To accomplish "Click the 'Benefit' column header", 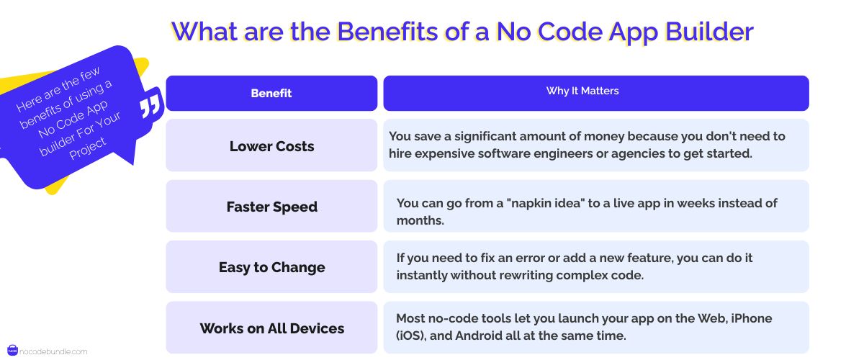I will coord(271,93).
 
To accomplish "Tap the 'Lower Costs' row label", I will coord(271,146).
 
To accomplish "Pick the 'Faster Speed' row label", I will coord(271,207).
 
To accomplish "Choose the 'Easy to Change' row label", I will coord(271,267).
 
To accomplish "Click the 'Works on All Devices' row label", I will coord(271,328).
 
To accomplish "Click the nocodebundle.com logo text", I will coord(54,351).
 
